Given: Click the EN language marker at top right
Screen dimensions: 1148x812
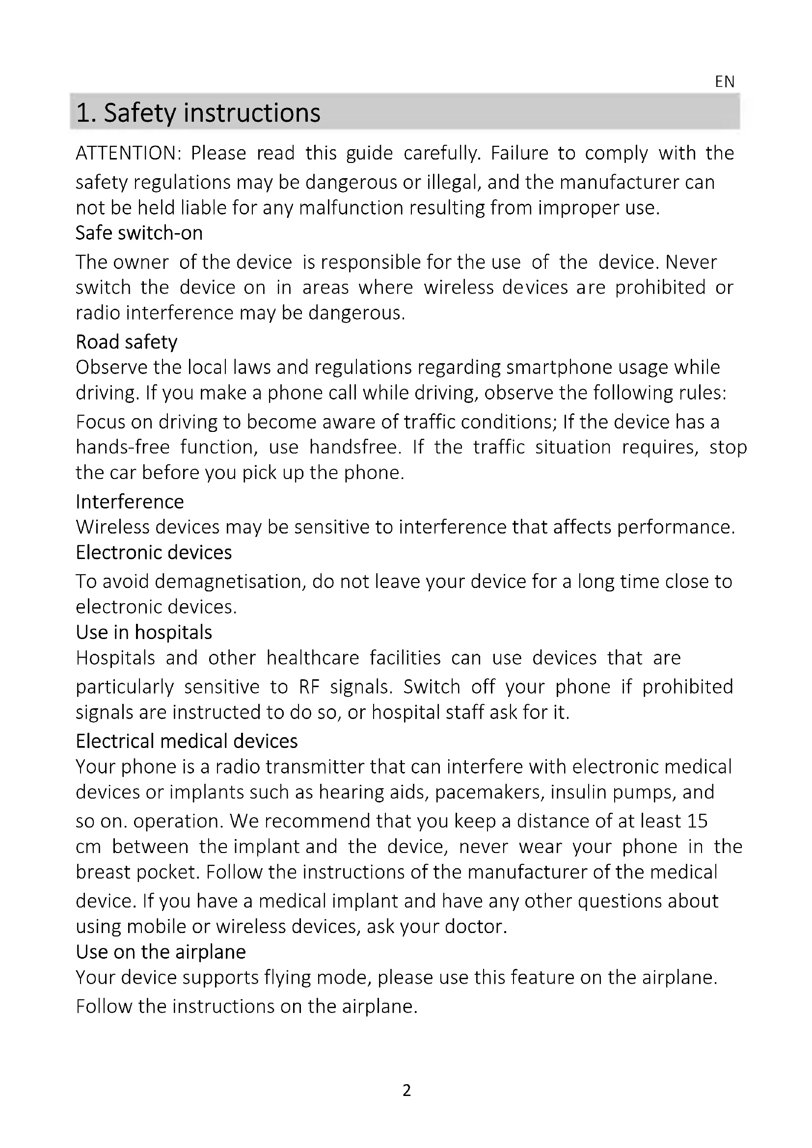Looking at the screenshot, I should click(x=725, y=81).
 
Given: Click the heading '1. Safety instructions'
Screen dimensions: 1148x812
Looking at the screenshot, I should click(x=198, y=113).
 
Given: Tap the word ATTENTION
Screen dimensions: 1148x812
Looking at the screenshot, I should click(x=128, y=153).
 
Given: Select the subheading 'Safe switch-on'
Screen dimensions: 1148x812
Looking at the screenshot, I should click(x=139, y=233).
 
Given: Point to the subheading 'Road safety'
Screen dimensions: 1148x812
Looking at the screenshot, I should click(x=127, y=342).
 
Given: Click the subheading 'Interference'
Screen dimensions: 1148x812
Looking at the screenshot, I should click(x=130, y=502).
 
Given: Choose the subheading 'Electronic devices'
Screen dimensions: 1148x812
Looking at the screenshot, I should click(x=154, y=553).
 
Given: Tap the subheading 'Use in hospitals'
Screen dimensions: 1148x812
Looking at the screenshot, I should click(x=144, y=633).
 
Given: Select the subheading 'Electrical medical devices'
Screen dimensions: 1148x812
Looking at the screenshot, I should click(x=187, y=741).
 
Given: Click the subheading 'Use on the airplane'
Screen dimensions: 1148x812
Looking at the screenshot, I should click(x=161, y=952).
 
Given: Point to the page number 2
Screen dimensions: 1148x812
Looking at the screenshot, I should click(x=406, y=1090).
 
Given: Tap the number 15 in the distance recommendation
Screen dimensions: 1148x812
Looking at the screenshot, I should click(x=698, y=821).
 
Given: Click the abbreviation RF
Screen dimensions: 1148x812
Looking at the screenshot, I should click(x=308, y=687).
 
